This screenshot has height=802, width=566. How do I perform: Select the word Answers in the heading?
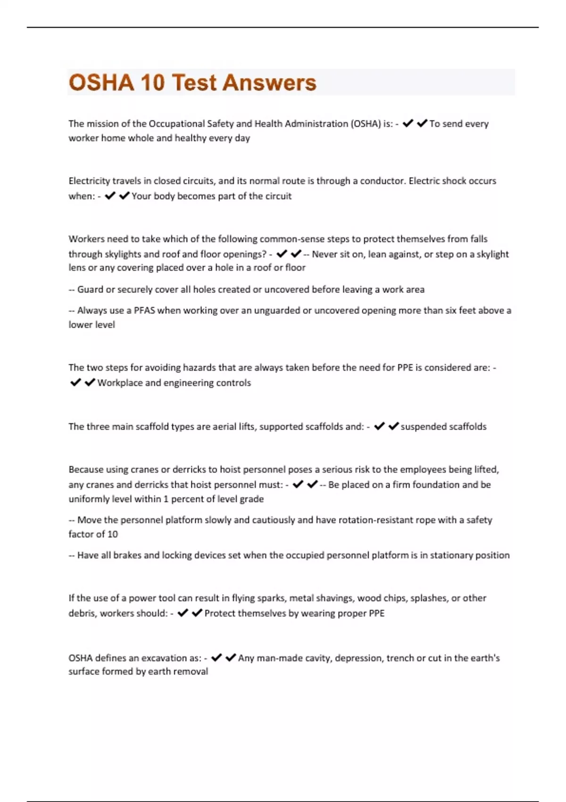[x=269, y=83]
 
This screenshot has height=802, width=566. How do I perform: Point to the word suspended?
[x=420, y=426]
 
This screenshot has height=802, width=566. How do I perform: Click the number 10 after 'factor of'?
[x=113, y=534]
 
